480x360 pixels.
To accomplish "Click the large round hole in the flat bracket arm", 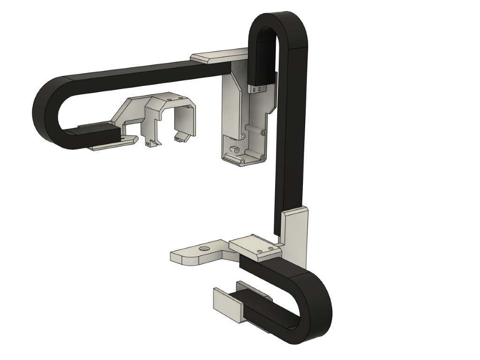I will (204, 248).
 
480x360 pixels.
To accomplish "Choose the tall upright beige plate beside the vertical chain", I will (296, 234).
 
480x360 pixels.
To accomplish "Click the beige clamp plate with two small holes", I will (256, 247).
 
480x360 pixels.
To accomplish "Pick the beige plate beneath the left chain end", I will (112, 143).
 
